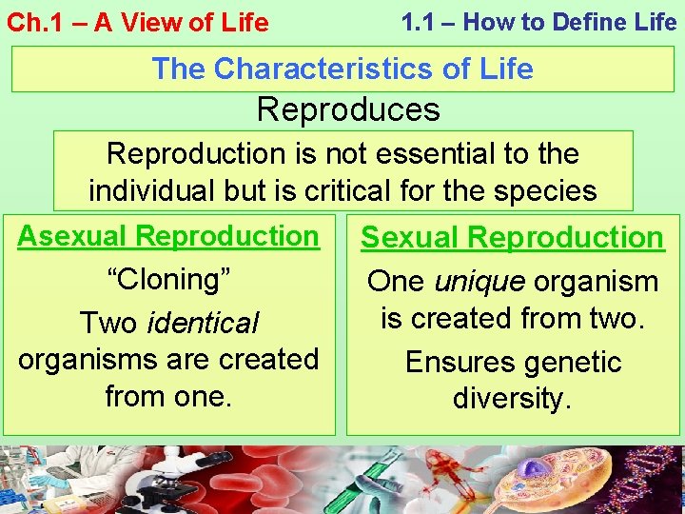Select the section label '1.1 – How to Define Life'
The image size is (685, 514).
538,22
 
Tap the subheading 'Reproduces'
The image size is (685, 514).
348,109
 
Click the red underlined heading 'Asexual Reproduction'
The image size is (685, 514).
168,236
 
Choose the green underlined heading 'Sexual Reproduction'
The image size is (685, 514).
513,238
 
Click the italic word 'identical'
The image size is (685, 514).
203,324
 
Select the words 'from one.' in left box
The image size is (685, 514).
168,395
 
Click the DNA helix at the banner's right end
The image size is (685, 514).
656,481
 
